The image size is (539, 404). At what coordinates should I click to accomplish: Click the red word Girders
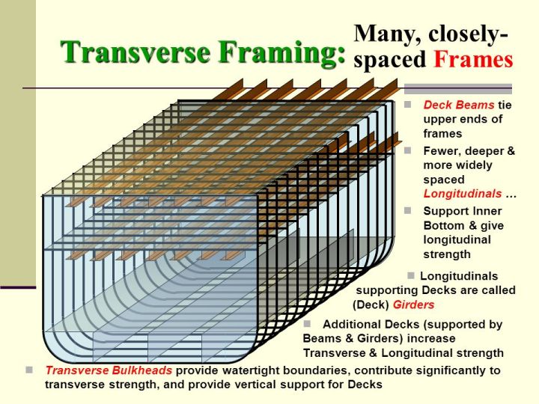413,304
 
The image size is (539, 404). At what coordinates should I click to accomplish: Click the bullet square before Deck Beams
408,104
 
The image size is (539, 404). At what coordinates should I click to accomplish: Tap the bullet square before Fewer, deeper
408,150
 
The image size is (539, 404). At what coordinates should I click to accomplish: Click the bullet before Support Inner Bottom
408,210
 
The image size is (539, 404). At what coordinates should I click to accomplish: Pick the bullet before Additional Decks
307,323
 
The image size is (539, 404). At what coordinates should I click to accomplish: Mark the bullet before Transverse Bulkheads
29,369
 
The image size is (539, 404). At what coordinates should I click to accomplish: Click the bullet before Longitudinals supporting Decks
410,275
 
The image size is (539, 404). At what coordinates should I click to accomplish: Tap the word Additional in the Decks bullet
350,325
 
